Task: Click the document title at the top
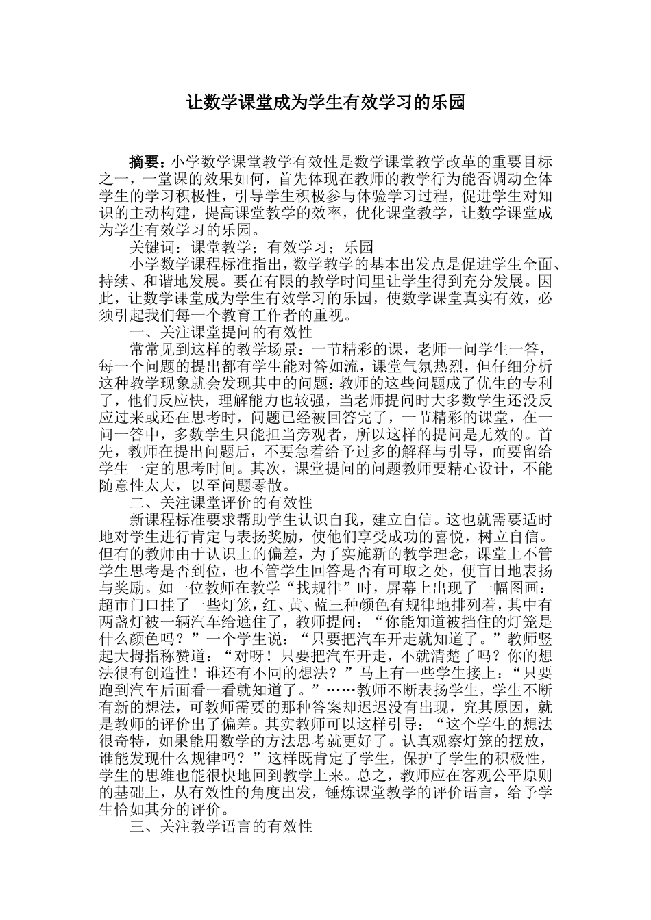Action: click(x=326, y=103)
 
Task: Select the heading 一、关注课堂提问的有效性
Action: click(x=221, y=332)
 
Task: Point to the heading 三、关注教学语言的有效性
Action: click(x=221, y=826)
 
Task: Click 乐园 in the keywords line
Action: click(x=356, y=247)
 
